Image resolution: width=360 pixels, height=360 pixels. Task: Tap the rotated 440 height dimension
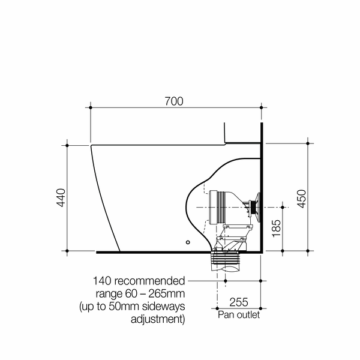pos(61,198)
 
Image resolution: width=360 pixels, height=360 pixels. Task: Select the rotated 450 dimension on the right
pos(301,198)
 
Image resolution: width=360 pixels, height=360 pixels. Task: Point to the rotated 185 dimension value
pos(276,229)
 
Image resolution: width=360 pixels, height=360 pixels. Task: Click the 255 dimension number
pos(238,303)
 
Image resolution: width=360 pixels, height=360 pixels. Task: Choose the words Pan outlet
pos(238,315)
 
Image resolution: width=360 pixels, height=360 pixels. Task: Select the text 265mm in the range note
pos(166,293)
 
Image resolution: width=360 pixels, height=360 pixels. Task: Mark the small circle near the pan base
pos(188,242)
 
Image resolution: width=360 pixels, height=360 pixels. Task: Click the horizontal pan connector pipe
pos(222,206)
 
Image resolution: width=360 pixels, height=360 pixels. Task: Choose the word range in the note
pos(109,293)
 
